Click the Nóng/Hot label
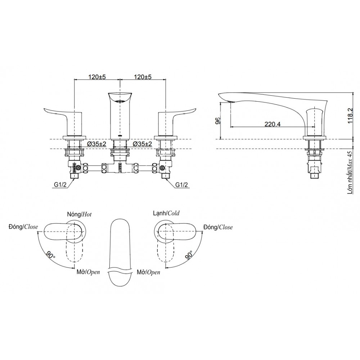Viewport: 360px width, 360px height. click(x=79, y=214)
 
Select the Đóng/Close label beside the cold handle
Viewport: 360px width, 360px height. click(x=218, y=227)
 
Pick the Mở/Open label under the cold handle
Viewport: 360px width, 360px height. click(x=148, y=272)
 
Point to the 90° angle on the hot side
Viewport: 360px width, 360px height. click(x=50, y=256)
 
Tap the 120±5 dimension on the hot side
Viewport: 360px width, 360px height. click(x=96, y=77)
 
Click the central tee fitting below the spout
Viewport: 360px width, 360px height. click(x=120, y=168)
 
